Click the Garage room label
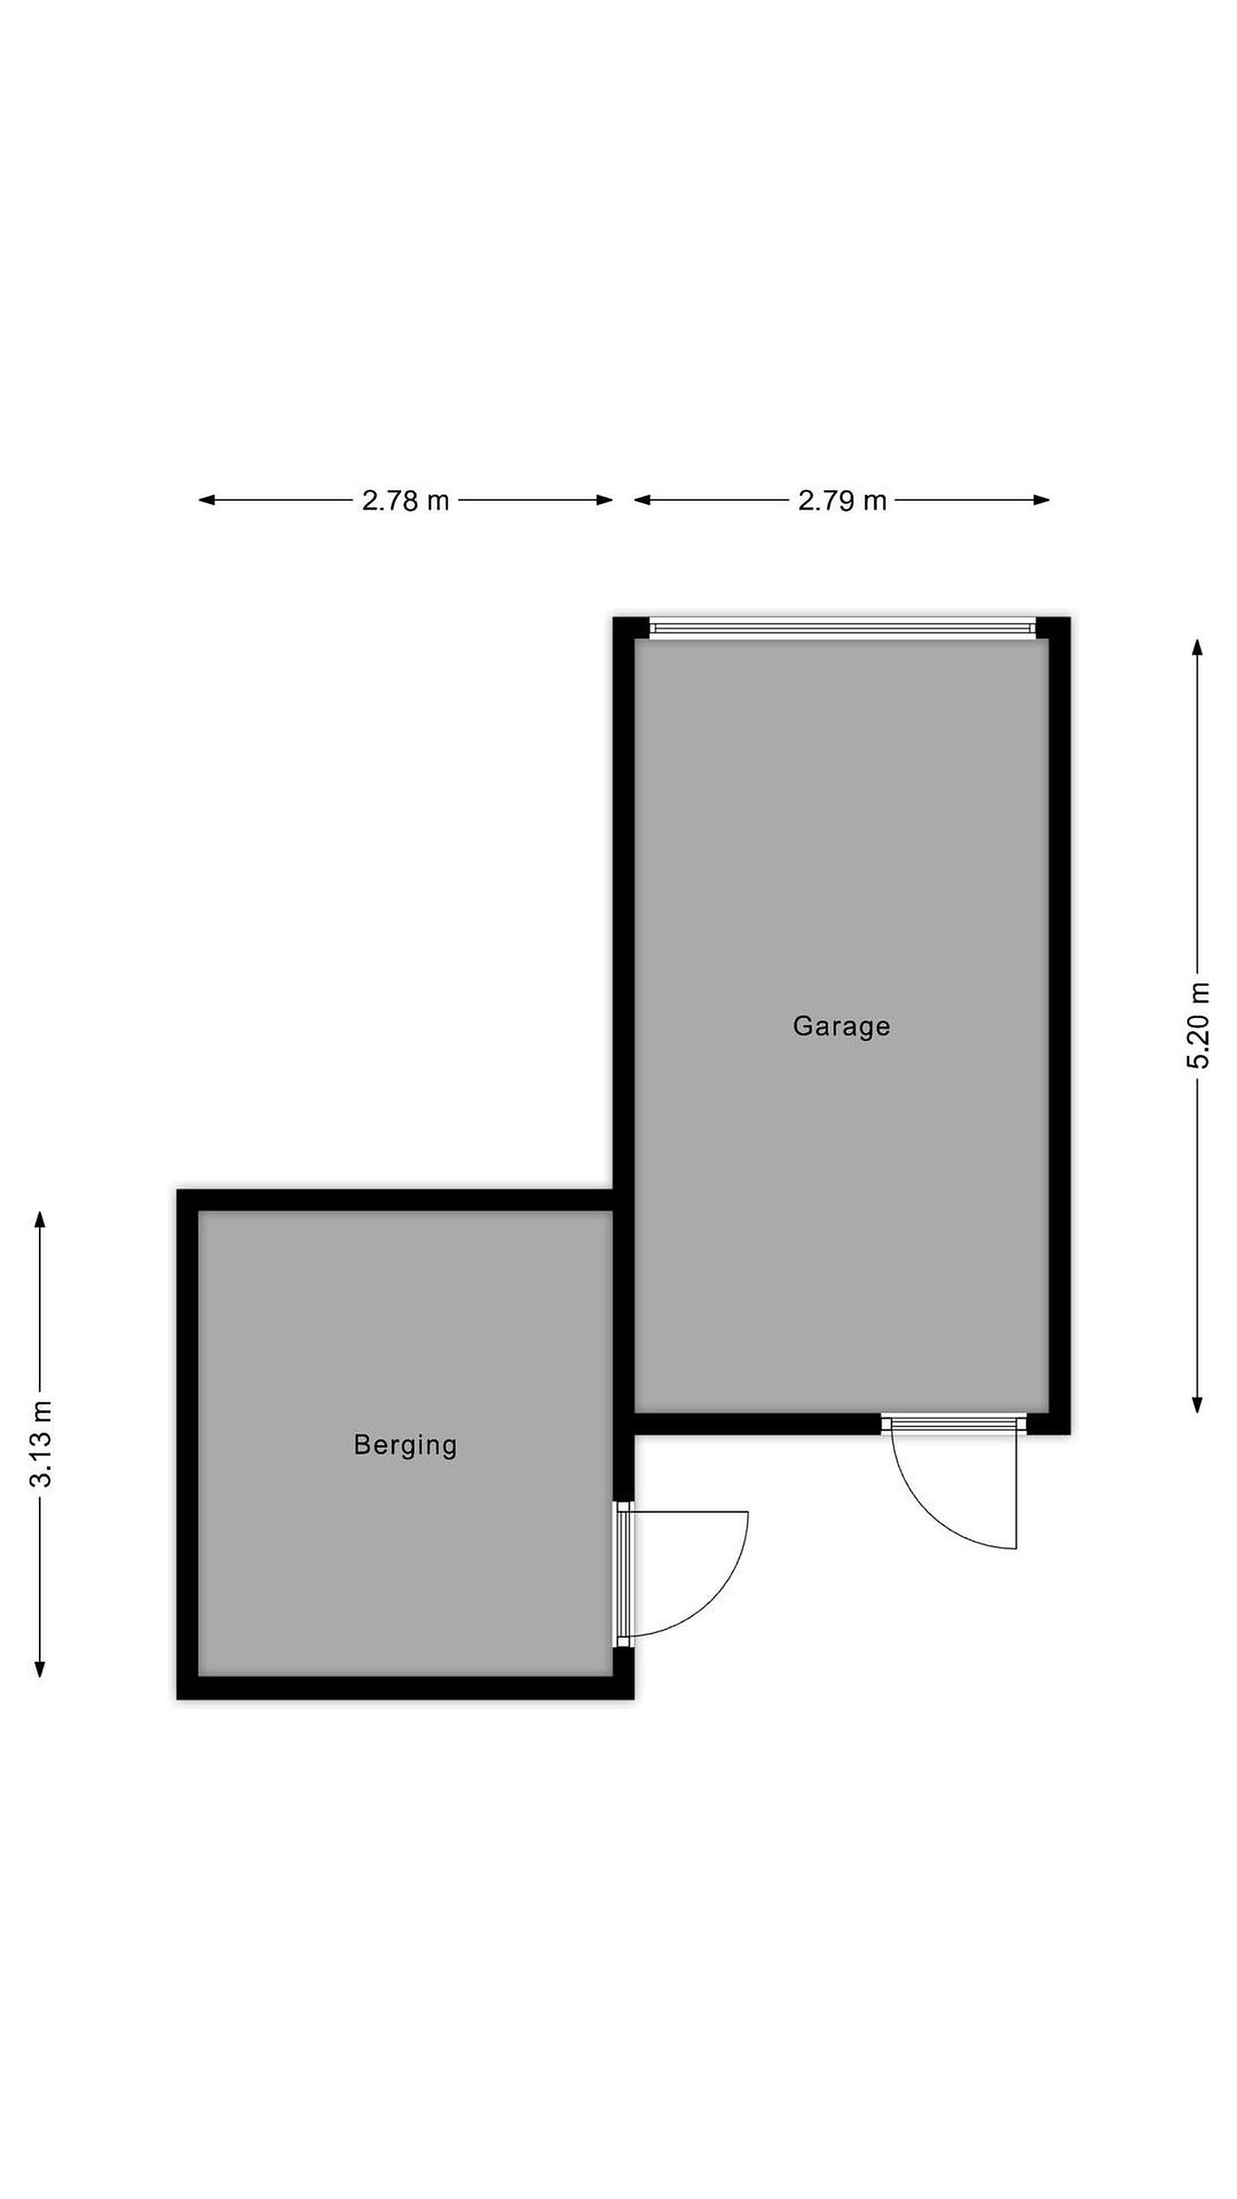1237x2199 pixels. tap(841, 1026)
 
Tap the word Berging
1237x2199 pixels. tap(405, 1445)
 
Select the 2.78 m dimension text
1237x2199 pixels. tap(405, 500)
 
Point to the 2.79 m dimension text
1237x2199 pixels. tap(841, 500)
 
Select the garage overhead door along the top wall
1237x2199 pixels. tap(841, 628)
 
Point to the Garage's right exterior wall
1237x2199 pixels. tap(1059, 1025)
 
